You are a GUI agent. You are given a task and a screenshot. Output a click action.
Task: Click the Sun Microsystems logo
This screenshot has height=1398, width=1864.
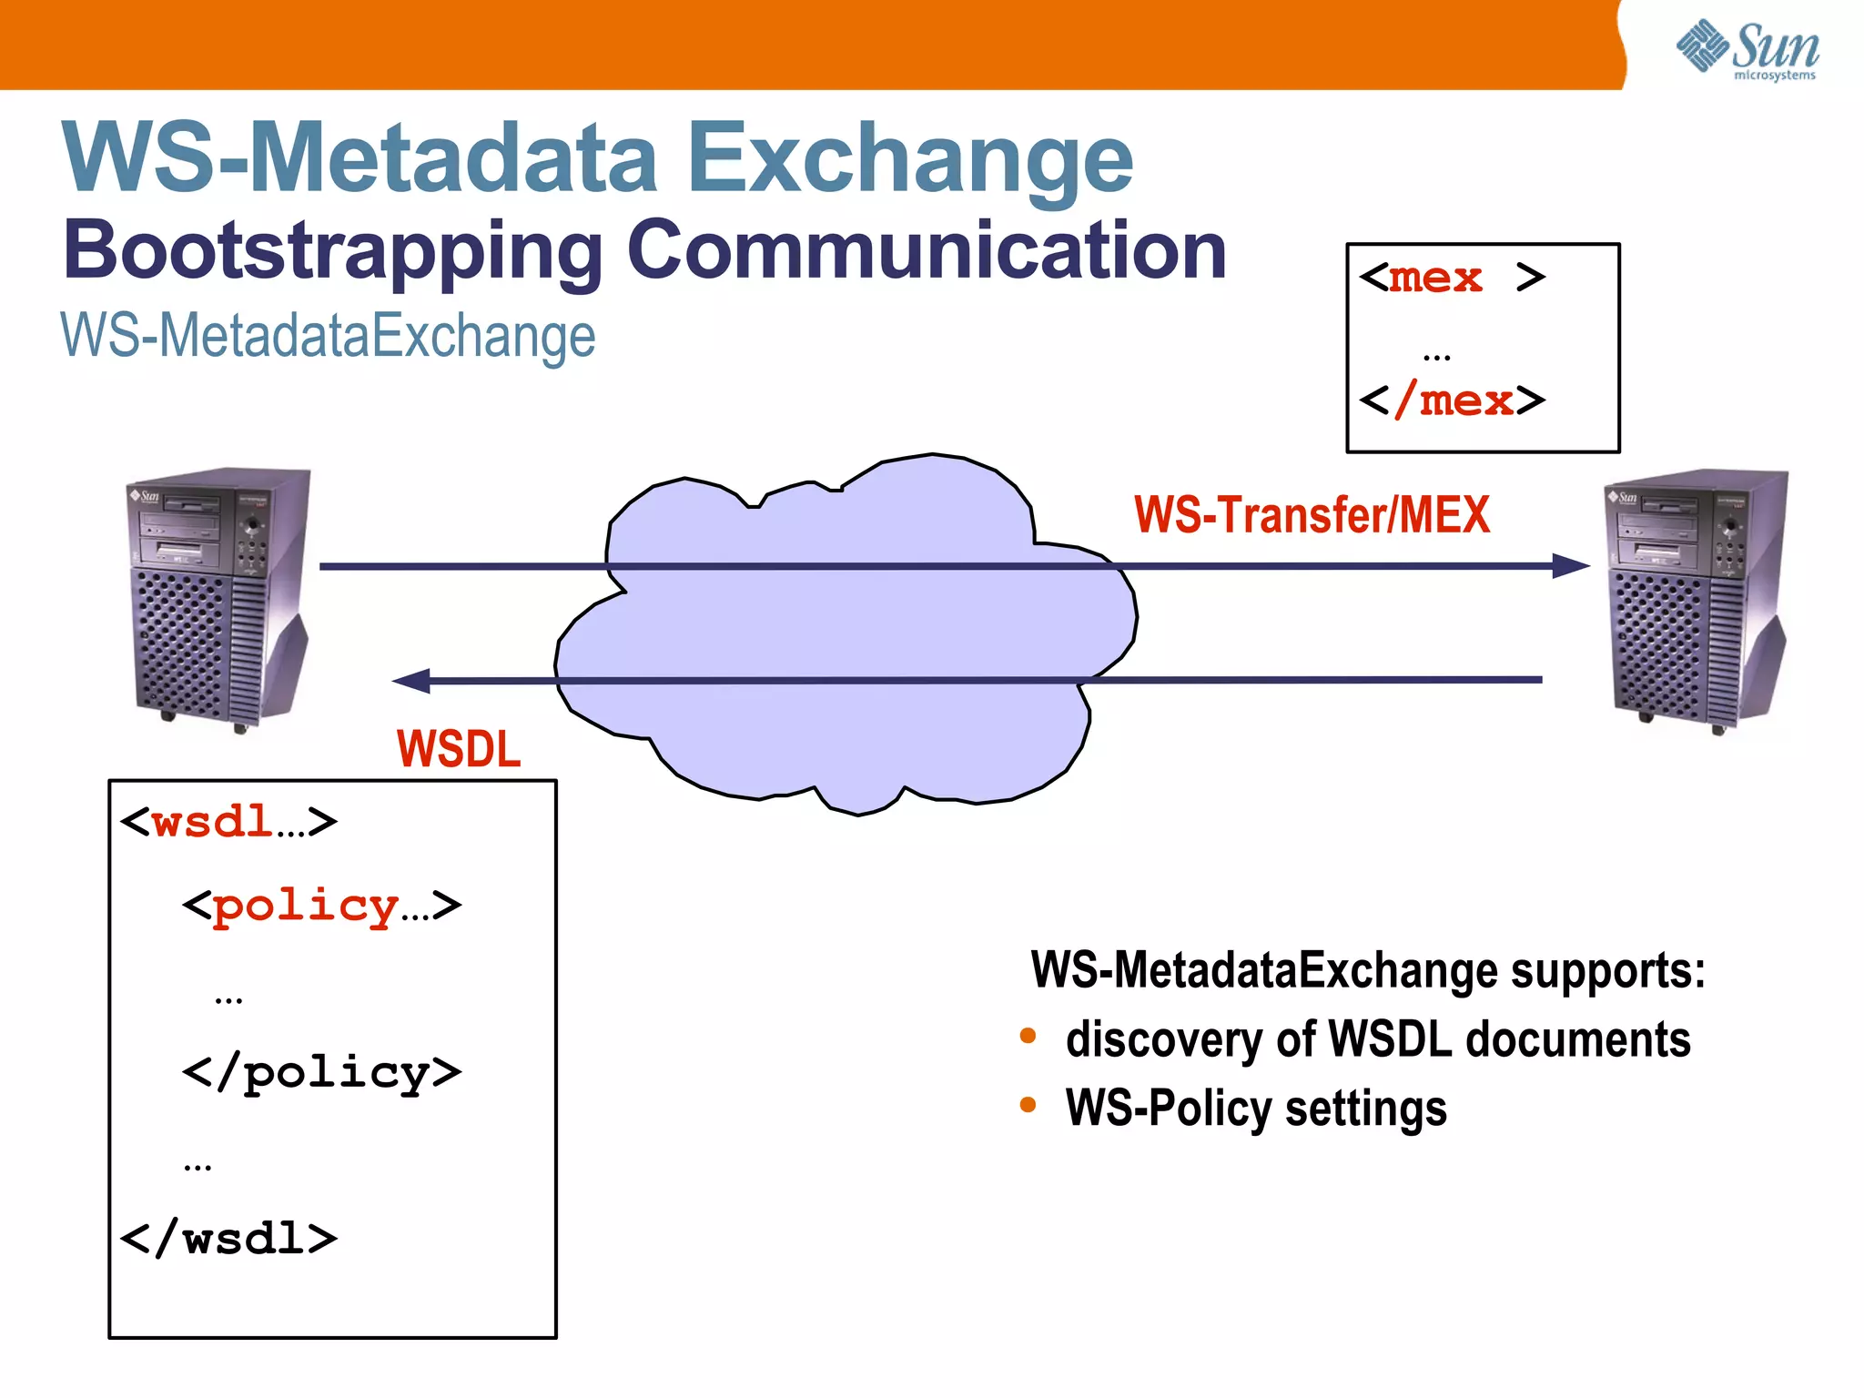1747,49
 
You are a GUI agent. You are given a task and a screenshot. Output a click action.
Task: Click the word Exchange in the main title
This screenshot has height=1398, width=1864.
910,159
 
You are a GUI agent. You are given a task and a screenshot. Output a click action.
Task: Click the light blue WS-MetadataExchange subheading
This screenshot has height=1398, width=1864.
328,336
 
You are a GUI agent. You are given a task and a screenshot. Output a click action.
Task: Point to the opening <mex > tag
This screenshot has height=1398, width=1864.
1452,278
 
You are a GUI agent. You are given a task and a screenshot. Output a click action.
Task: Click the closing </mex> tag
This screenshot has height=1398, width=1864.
1452,400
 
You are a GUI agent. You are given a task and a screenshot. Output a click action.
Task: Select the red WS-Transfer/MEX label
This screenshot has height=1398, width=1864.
1312,515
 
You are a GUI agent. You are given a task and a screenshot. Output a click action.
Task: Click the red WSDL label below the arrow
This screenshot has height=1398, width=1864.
459,749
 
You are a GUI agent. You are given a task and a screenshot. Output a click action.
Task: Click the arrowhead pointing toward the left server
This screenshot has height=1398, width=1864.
411,681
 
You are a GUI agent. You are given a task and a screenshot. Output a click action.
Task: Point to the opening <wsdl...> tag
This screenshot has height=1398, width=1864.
228,822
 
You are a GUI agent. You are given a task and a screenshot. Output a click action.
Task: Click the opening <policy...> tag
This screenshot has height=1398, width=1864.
321,906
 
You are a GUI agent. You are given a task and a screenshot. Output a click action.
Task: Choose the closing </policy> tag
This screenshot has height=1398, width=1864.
321,1073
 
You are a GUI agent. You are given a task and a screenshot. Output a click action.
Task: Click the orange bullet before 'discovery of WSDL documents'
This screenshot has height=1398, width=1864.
1028,1036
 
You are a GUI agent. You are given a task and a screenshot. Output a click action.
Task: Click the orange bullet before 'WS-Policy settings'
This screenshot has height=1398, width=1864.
1028,1105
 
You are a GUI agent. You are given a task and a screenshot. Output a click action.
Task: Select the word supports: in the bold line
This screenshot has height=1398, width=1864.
1607,970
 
